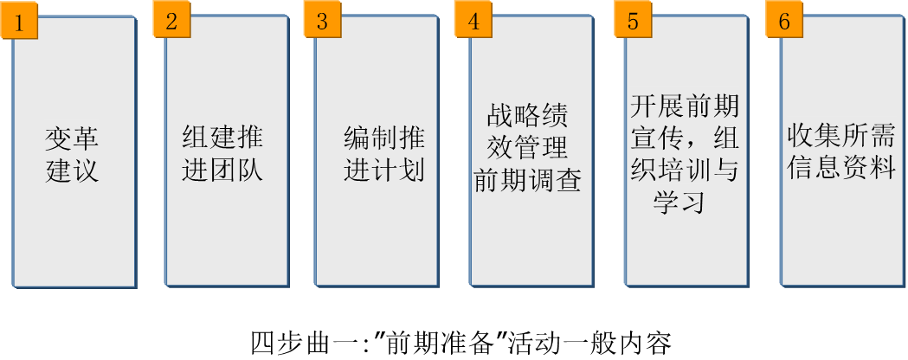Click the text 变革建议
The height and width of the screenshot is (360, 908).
[72, 154]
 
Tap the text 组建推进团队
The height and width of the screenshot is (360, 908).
[222, 154]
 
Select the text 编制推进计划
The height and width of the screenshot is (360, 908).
[384, 154]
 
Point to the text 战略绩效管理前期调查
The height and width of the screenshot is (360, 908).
[526, 149]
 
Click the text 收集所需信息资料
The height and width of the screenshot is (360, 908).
[840, 151]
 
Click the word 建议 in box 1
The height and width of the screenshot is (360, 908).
[72, 170]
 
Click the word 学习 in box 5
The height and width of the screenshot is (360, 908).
[679, 202]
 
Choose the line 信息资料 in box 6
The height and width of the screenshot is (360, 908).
[840, 167]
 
